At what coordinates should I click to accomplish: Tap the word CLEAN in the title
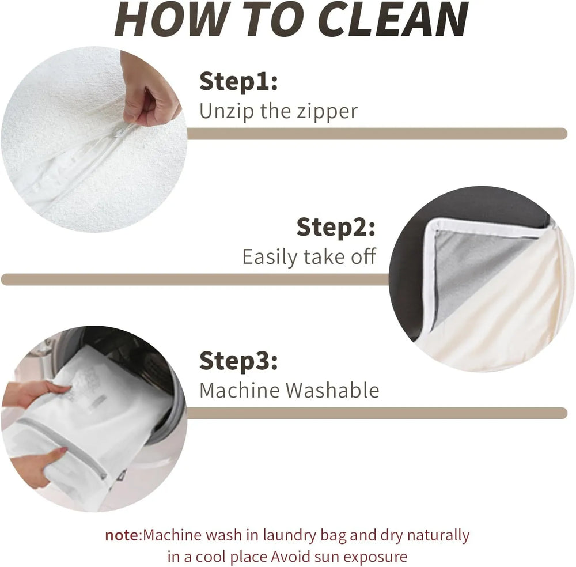pyautogui.click(x=393, y=19)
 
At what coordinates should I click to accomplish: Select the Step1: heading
pyautogui.click(x=238, y=82)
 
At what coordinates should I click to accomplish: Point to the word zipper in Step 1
pyautogui.click(x=327, y=112)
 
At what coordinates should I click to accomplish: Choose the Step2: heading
pyautogui.click(x=336, y=228)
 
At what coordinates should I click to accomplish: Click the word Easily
pyautogui.click(x=270, y=257)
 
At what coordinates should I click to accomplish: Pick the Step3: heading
pyautogui.click(x=238, y=361)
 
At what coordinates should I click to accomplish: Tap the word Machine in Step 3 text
pyautogui.click(x=240, y=390)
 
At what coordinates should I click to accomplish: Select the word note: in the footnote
pyautogui.click(x=123, y=535)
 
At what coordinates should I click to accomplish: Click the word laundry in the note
pyautogui.click(x=290, y=536)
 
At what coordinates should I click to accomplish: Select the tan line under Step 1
pyautogui.click(x=377, y=133)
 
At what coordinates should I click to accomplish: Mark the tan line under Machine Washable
pyautogui.click(x=377, y=413)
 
